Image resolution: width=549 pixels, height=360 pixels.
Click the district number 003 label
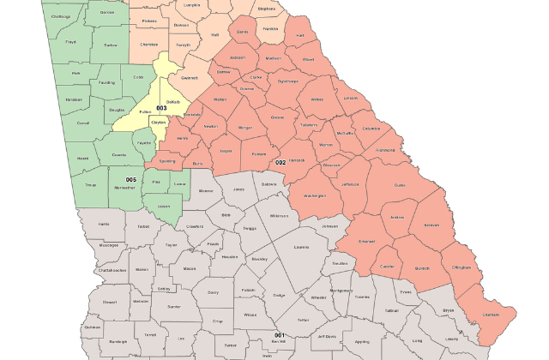coord(161,108)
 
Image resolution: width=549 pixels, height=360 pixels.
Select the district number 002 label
coord(280,162)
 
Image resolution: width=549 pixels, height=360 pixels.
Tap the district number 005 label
coord(131,179)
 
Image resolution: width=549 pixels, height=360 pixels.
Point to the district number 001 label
coord(279,334)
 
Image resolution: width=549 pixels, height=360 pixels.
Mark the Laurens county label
coord(300,247)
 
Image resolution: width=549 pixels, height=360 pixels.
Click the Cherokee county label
coord(148,44)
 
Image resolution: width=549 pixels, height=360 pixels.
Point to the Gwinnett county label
coord(190,77)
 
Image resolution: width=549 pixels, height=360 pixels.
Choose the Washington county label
coord(315,195)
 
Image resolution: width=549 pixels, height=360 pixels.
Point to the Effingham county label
coord(461,267)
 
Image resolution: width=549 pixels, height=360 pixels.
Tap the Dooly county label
coord(212,291)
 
